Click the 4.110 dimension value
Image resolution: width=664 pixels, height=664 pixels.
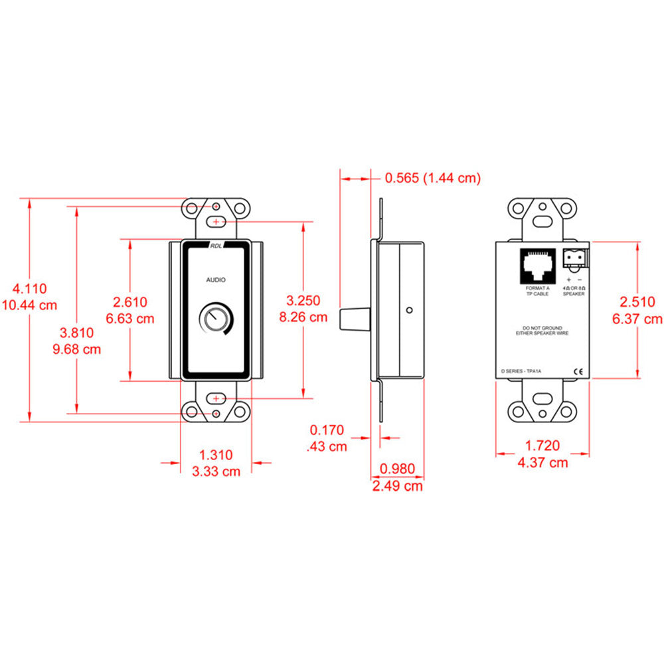[x=31, y=289]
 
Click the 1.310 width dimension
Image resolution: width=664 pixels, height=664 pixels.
[x=216, y=455]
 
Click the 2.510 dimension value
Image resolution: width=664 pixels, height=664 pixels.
[x=638, y=302]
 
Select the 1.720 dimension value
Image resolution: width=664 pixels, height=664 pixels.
[x=542, y=446]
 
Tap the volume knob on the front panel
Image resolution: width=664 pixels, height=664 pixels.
[x=215, y=319]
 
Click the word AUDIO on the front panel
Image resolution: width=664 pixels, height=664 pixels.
[x=215, y=280]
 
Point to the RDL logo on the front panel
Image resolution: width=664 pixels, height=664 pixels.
[x=216, y=245]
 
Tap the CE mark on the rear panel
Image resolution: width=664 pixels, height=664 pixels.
[x=577, y=372]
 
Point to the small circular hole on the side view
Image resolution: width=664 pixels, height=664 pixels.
[x=410, y=309]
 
